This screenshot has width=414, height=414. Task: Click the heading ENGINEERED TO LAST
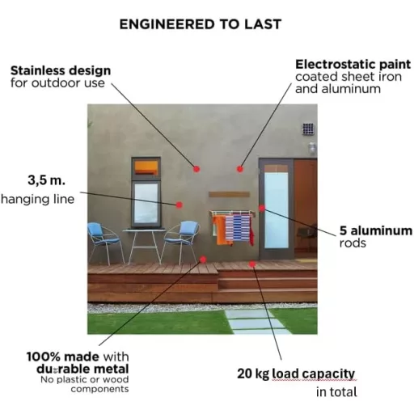pyautogui.click(x=201, y=24)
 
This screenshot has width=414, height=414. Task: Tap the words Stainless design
pyautogui.click(x=61, y=70)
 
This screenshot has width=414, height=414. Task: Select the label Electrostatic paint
pyautogui.click(x=353, y=65)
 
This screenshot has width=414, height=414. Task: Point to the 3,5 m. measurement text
pyautogui.click(x=47, y=180)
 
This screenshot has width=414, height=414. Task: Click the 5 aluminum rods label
pyautogui.click(x=376, y=237)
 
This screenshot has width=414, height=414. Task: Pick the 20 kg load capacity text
pyautogui.click(x=296, y=374)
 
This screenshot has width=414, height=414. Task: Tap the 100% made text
pyautogui.click(x=62, y=357)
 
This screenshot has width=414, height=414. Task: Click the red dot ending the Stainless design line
pyautogui.click(x=196, y=169)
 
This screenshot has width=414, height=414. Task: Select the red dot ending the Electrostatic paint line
pyautogui.click(x=240, y=169)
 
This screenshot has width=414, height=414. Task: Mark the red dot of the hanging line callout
pyautogui.click(x=180, y=205)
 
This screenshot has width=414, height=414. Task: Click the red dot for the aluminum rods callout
pyautogui.click(x=262, y=208)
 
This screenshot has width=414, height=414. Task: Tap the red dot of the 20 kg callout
pyautogui.click(x=252, y=264)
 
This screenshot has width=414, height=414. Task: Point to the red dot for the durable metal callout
pyautogui.click(x=203, y=260)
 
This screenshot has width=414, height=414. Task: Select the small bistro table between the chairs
pyautogui.click(x=145, y=246)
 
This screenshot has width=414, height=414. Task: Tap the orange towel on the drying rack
pyautogui.click(x=222, y=230)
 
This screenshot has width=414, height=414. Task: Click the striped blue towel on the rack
pyautogui.click(x=238, y=228)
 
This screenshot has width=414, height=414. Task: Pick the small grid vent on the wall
pyautogui.click(x=308, y=129)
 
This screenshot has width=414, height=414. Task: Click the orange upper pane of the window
pyautogui.click(x=146, y=167)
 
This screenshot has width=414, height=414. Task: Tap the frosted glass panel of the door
pyautogui.click(x=276, y=210)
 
